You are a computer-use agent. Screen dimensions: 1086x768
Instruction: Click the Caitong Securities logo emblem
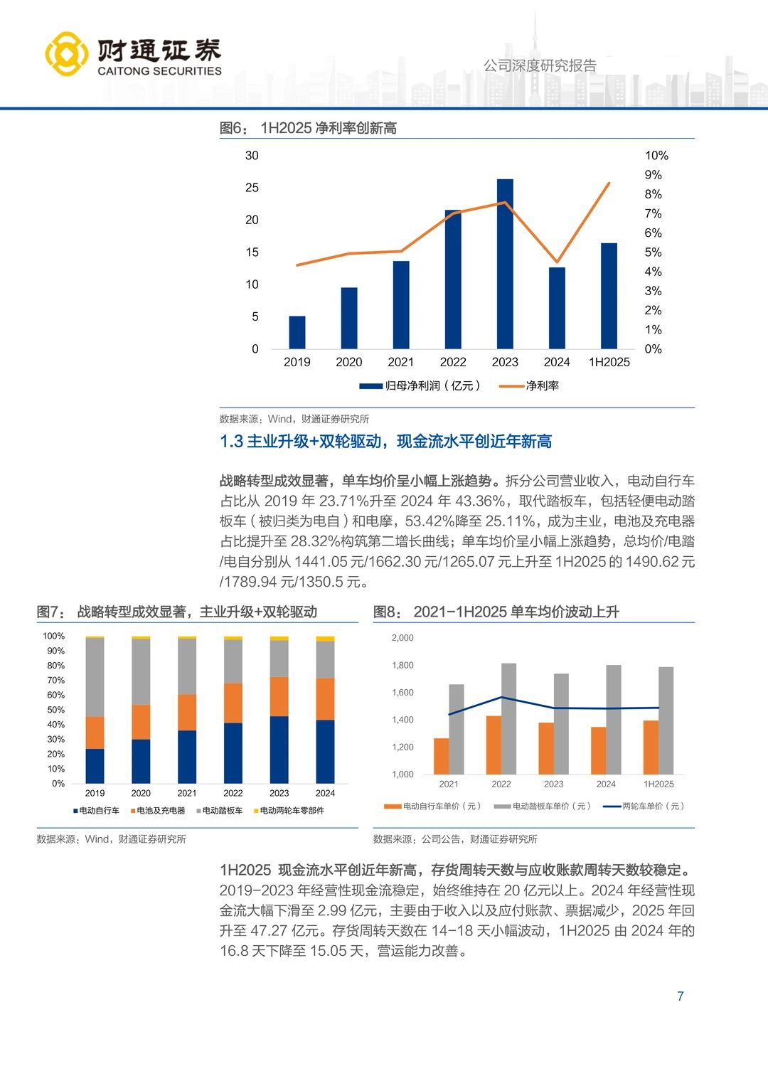tap(67, 54)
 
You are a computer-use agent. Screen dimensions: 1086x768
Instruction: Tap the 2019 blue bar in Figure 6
tap(297, 332)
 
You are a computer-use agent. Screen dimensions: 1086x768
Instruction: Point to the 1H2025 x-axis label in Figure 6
tap(609, 362)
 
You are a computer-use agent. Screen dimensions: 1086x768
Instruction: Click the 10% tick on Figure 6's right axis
tap(656, 156)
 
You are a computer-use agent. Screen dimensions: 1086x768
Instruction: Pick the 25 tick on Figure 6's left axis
tap(252, 188)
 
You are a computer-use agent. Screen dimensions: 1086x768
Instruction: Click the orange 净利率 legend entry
tap(529, 385)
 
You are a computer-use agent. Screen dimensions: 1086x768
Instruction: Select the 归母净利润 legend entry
tap(420, 385)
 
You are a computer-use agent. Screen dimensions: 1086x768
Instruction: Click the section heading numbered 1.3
tap(385, 442)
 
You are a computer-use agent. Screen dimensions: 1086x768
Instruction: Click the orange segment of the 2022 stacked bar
tap(233, 703)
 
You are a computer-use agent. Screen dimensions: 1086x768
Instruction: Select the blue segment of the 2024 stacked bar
tap(325, 752)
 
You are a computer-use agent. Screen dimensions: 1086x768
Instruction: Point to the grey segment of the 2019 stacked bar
tap(95, 677)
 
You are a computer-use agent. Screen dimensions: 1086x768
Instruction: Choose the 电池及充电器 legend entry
tap(158, 811)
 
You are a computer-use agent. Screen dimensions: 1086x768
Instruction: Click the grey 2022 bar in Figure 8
tap(508, 718)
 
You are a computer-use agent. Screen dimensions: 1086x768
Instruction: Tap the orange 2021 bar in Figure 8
tap(441, 756)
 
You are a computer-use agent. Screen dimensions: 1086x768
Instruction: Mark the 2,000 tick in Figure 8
tap(402, 638)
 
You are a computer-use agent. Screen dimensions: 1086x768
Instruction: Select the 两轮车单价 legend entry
tap(644, 806)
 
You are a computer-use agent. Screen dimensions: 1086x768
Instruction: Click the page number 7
tap(681, 996)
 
